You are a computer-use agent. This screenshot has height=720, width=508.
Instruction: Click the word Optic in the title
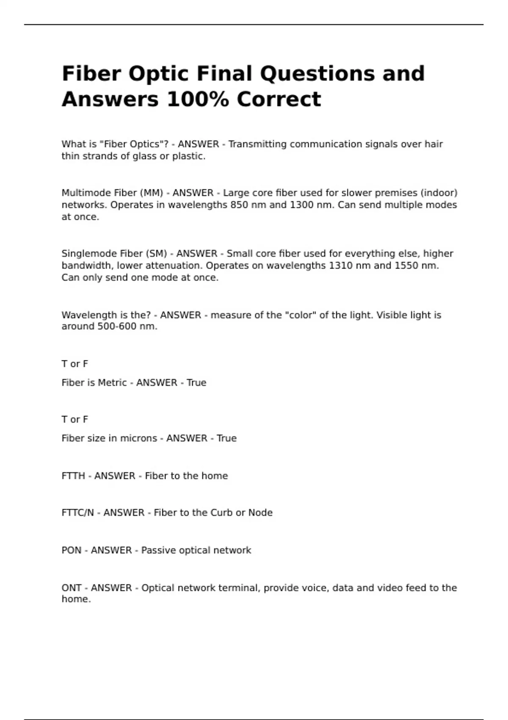158,74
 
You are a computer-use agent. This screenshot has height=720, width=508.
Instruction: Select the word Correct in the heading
279,100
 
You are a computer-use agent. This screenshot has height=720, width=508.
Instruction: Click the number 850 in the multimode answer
239,205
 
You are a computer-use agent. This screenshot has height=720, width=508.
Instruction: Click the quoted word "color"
301,315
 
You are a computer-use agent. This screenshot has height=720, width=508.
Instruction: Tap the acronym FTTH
73,476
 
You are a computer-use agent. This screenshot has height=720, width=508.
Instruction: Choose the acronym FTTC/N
78,513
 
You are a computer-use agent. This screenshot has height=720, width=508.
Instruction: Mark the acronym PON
72,551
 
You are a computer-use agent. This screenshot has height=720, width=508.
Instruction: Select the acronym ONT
72,588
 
